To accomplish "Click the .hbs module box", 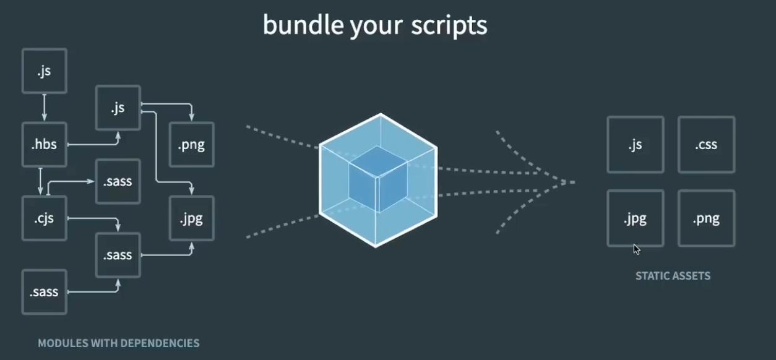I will [x=44, y=145].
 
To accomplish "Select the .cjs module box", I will [x=44, y=218].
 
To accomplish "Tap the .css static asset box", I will [x=706, y=145].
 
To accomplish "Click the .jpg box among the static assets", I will [x=635, y=218].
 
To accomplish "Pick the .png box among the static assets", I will [x=706, y=218].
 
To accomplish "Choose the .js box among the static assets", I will [x=635, y=145].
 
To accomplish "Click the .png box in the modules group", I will [x=192, y=145].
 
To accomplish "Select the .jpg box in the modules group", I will [x=192, y=218].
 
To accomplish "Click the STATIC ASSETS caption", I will [x=673, y=276].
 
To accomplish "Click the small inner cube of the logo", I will [x=377, y=179].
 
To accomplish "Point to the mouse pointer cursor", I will [x=636, y=249].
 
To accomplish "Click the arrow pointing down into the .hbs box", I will [x=44, y=117].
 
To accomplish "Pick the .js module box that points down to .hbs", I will [x=44, y=71].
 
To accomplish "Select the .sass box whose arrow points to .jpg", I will [x=118, y=255].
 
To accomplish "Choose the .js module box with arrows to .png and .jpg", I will [x=118, y=108].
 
